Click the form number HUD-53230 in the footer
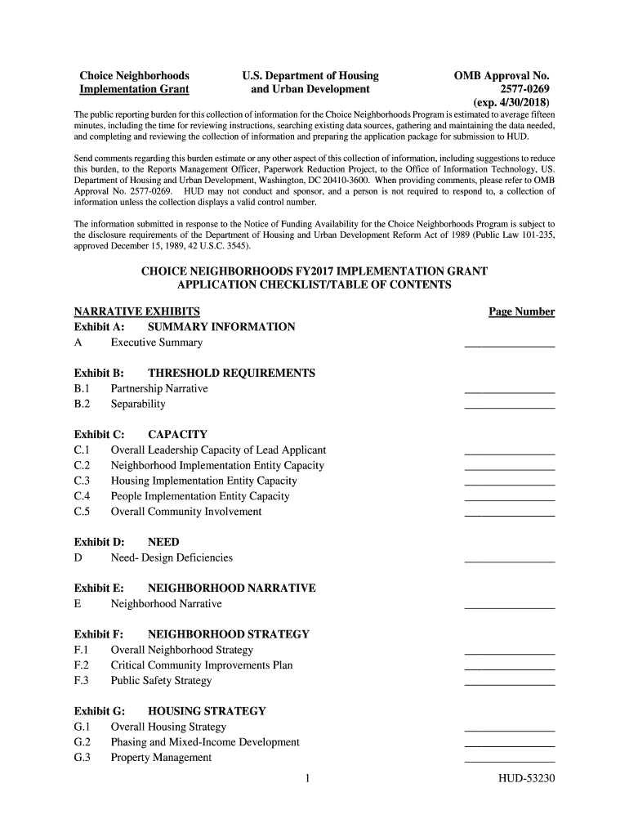tap(527, 778)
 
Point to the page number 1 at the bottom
tap(306, 778)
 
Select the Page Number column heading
tap(521, 311)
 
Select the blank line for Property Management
tap(509, 760)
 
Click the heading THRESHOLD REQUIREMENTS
tap(231, 374)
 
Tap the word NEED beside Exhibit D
tap(163, 542)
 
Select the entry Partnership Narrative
tap(159, 388)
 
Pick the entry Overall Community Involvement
tap(186, 512)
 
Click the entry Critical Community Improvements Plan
tap(202, 665)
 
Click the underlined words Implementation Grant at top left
tap(134, 89)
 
